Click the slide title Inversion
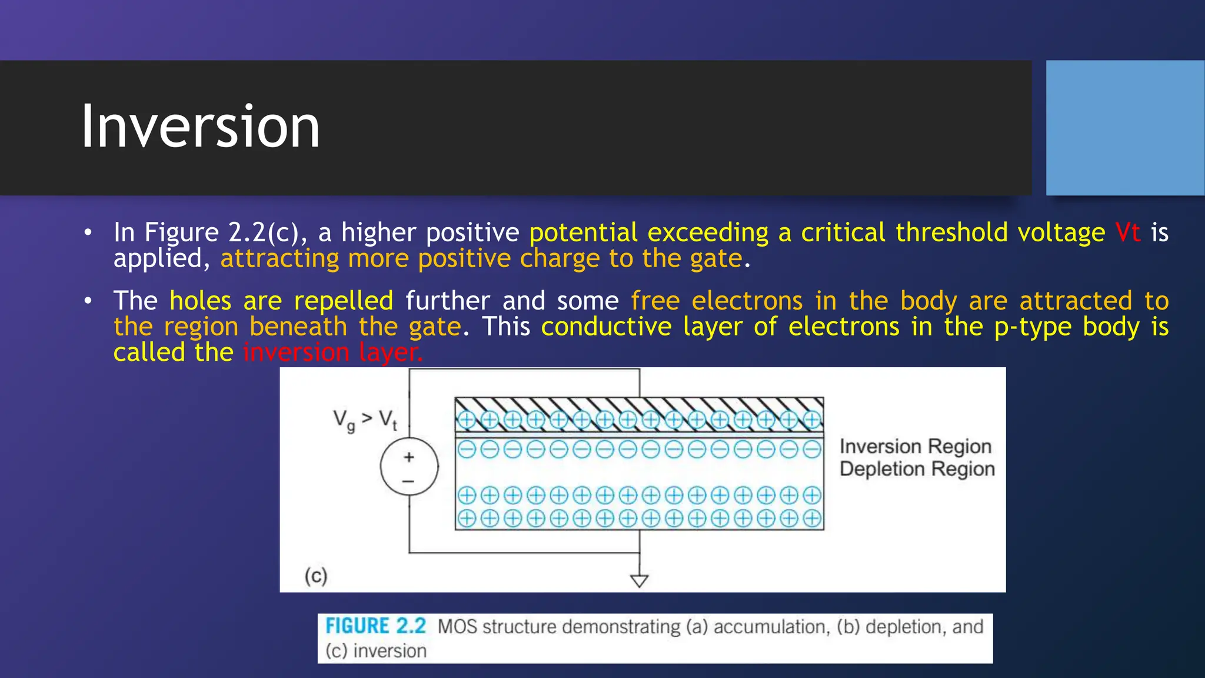click(200, 127)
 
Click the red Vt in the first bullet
click(1127, 232)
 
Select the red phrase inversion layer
click(332, 353)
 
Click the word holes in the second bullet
click(200, 301)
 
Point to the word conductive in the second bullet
click(606, 327)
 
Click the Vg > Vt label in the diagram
click(365, 420)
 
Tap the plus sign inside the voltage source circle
click(409, 457)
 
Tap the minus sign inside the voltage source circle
click(409, 481)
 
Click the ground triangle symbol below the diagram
click(639, 580)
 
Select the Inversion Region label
click(916, 446)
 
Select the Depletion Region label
click(917, 469)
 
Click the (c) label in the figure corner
click(315, 575)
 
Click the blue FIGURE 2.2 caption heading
click(375, 626)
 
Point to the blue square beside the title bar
click(1125, 128)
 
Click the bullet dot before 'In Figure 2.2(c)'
click(88, 232)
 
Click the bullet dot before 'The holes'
click(88, 301)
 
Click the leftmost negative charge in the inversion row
click(467, 450)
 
